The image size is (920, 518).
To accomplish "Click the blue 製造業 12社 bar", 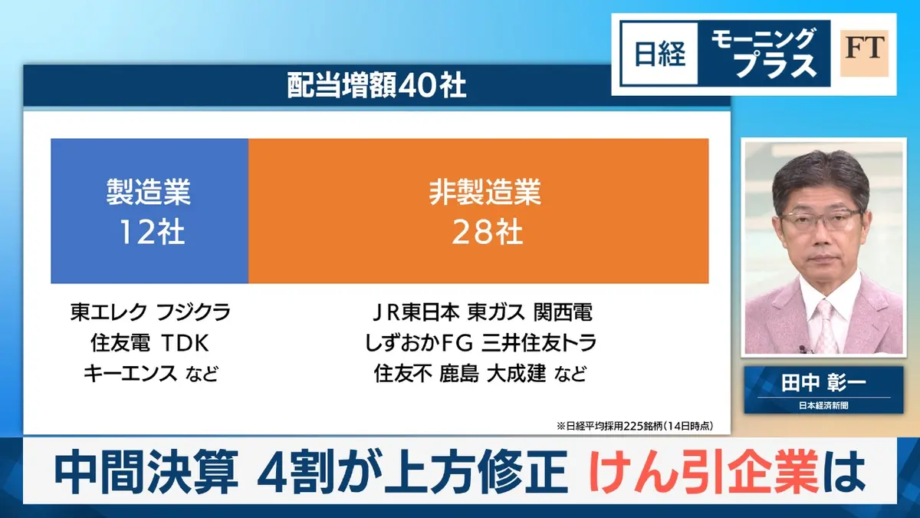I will tap(149, 211).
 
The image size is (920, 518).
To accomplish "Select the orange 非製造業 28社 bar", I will tap(478, 211).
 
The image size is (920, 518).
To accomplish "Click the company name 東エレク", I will tap(107, 312).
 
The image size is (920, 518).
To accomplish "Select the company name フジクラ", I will tap(192, 312).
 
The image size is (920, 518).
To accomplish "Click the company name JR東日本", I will tap(415, 312).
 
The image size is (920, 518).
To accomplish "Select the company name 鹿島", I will tap(459, 374).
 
